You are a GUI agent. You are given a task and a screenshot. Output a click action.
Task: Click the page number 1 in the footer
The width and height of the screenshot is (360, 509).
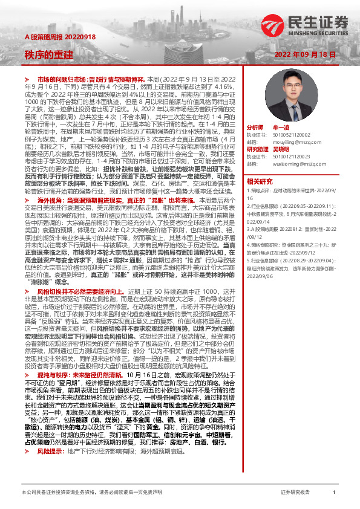[334, 493]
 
